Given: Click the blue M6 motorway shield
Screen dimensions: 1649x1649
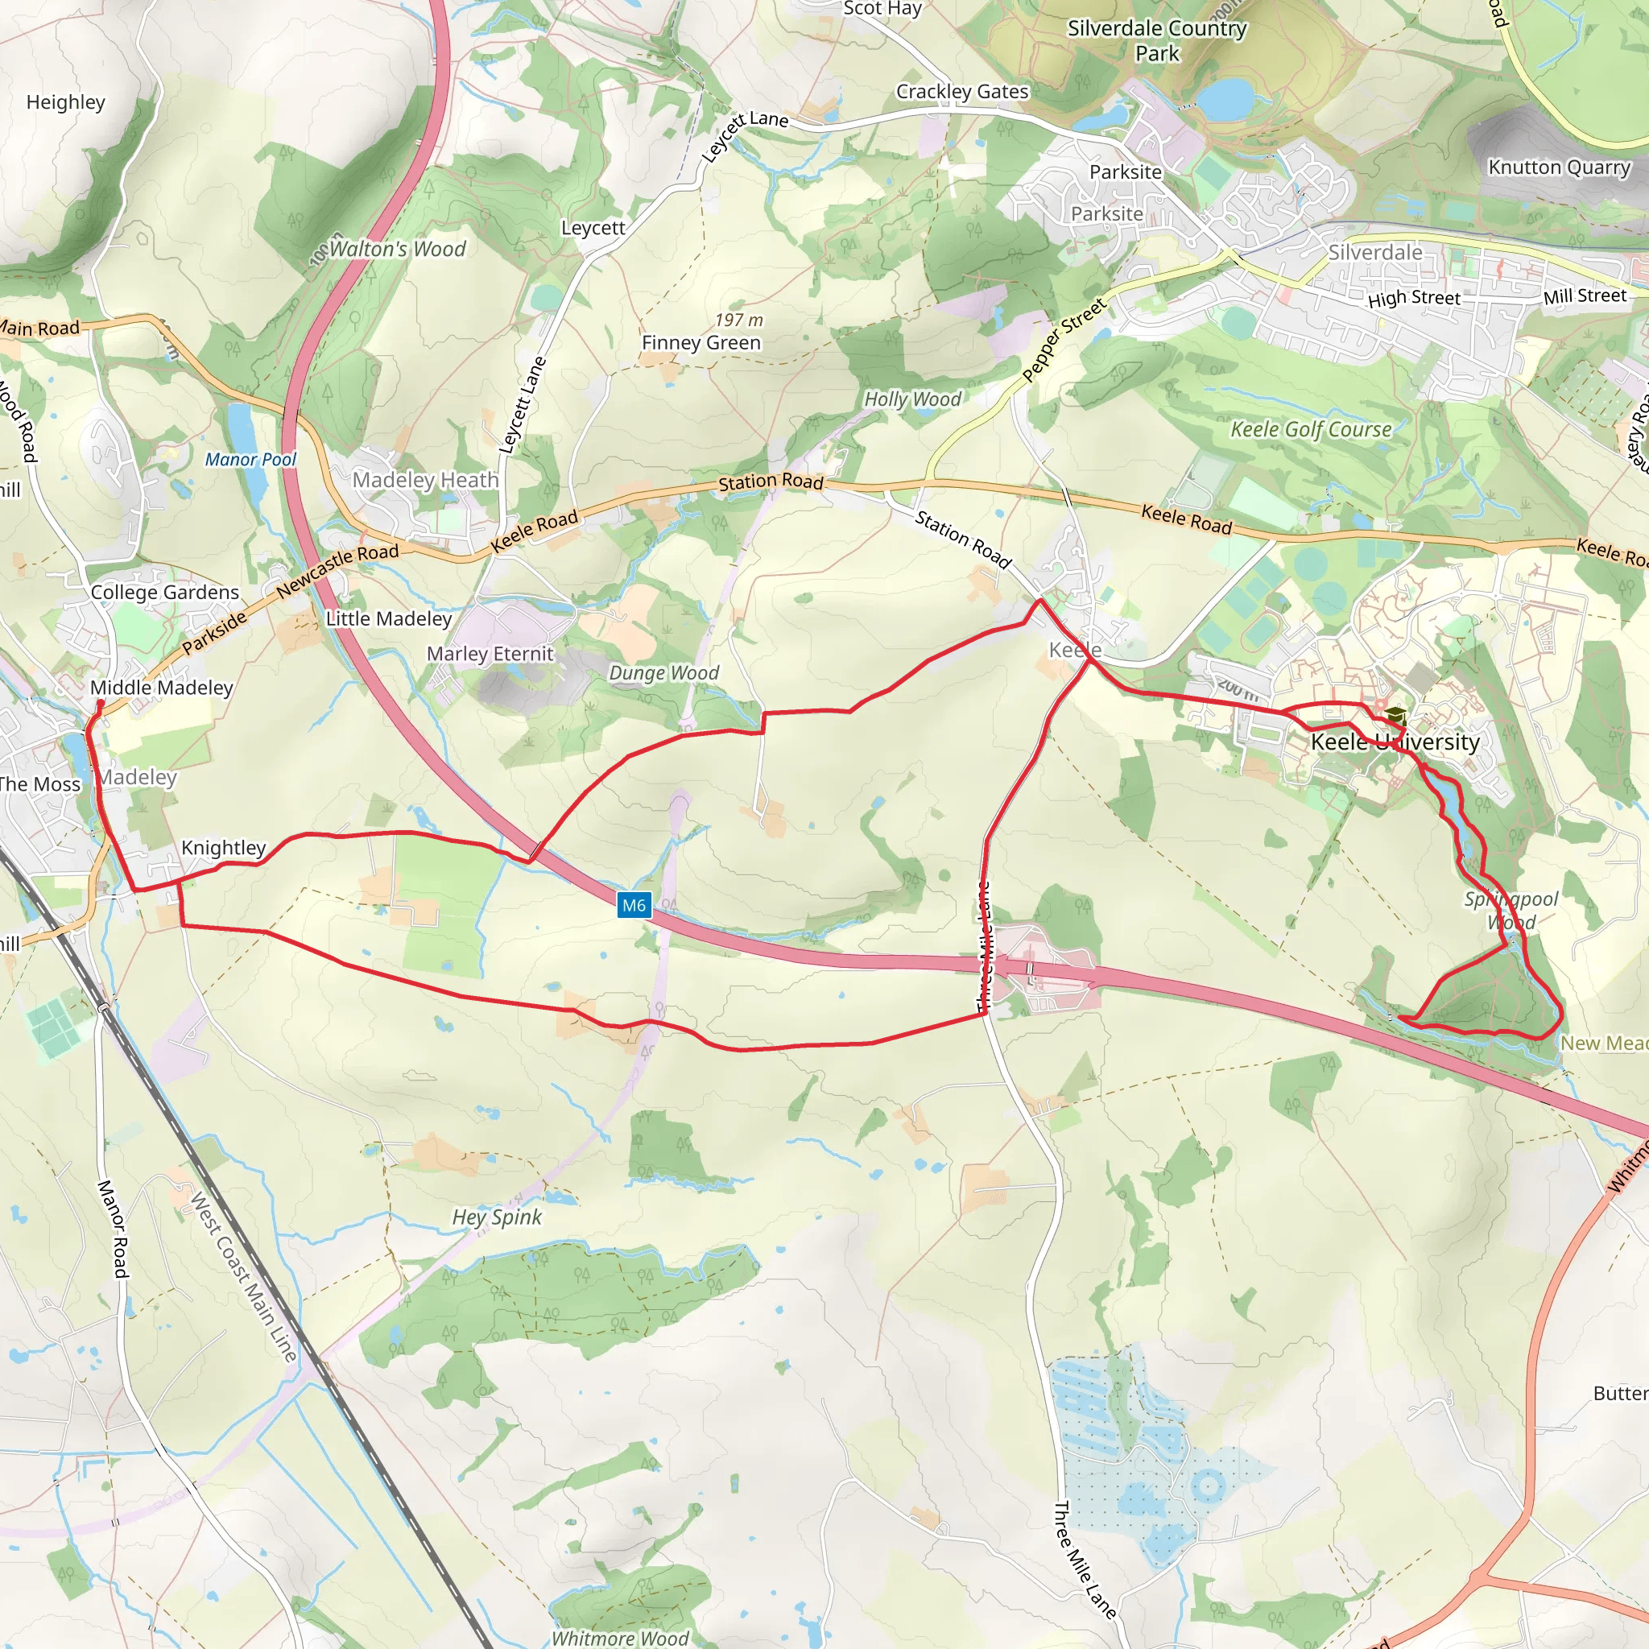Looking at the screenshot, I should point(634,906).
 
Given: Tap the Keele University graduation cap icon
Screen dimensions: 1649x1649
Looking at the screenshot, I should point(1395,715).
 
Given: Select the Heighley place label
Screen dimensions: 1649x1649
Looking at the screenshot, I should point(66,102).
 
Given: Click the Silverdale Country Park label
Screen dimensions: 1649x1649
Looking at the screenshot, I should point(1156,41).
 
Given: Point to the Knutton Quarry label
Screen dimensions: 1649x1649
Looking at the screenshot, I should point(1560,167).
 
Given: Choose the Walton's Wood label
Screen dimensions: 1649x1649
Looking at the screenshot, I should point(397,250).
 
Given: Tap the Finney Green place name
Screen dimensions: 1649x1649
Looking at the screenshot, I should point(701,343).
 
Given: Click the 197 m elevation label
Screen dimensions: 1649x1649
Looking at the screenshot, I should point(738,320).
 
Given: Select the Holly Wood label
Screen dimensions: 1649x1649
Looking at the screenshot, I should point(912,399).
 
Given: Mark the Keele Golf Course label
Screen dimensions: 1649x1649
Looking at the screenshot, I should point(1310,429).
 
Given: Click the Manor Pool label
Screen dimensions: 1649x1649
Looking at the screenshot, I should point(250,460).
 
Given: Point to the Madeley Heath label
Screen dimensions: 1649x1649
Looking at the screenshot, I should point(425,481).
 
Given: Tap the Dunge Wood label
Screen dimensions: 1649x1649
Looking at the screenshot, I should point(663,673).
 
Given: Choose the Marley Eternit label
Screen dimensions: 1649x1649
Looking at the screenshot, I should point(490,654).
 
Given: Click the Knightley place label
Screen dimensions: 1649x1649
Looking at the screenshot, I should point(224,848).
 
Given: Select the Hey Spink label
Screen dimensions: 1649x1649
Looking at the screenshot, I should point(497,1217).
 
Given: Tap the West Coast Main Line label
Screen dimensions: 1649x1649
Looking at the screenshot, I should point(243,1277).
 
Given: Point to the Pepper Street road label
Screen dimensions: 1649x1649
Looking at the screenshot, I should point(1064,339).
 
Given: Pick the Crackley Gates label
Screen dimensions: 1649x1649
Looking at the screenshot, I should point(962,92).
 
